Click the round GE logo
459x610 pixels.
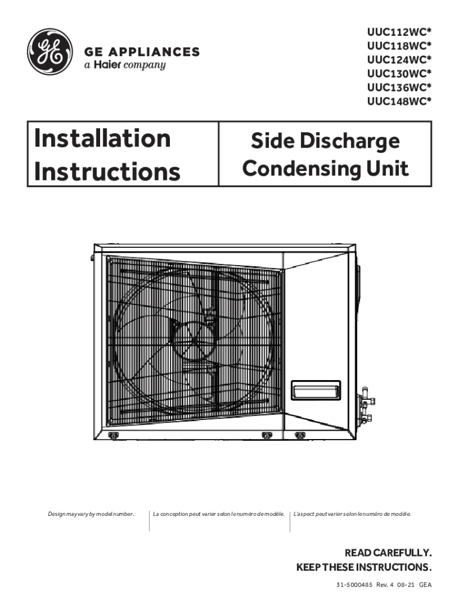[50, 52]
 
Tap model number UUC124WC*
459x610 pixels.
[399, 60]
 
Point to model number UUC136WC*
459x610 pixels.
[399, 87]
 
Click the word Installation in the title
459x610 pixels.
[103, 138]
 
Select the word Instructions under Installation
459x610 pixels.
[107, 172]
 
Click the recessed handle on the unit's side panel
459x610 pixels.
[315, 390]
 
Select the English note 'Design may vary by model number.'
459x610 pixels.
[91, 513]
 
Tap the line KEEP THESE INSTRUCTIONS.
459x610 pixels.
[364, 566]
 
